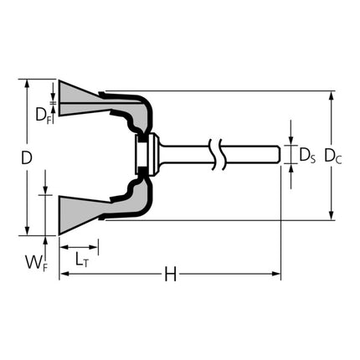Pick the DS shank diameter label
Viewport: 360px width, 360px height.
click(306, 155)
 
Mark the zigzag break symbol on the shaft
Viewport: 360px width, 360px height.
click(219, 154)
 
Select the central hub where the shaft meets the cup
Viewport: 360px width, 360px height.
click(143, 155)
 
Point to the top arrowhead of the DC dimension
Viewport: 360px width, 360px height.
click(333, 95)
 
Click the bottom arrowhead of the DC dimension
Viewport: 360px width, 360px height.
click(333, 215)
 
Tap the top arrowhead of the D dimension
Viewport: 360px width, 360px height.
click(28, 84)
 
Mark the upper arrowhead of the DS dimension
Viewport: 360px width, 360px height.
click(291, 141)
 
